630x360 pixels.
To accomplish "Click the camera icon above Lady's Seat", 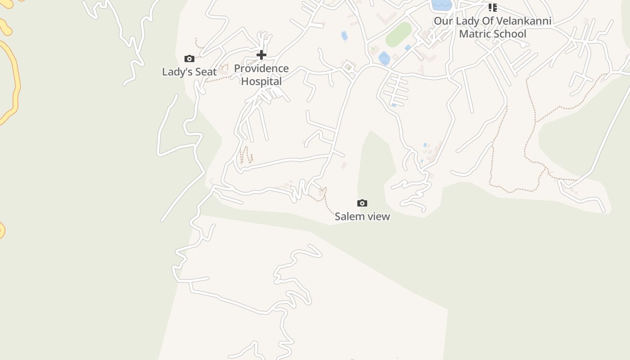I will point(189,58).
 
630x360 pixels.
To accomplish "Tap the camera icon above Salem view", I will point(362,203).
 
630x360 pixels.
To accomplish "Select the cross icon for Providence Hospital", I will point(261,55).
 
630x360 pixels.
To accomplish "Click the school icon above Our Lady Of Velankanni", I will point(493,8).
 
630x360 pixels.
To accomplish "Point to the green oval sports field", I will point(399,34).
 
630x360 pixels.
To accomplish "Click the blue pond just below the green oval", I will point(384,58).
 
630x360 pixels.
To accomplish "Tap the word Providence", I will point(261,69).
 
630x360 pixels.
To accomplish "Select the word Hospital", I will point(261,81).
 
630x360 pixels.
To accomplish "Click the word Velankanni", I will point(523,21).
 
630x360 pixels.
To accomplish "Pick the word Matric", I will point(475,34).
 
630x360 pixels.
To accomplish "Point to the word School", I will point(510,34).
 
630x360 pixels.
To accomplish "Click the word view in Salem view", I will point(379,216).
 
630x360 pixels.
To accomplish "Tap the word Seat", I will point(206,72).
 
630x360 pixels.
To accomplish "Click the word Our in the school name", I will point(443,21).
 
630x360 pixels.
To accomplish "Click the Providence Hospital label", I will point(261,75).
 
